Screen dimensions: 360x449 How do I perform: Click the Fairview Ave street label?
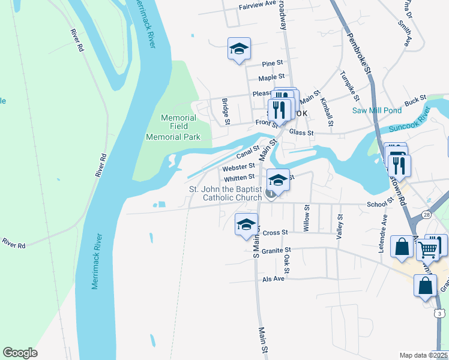point(257,3)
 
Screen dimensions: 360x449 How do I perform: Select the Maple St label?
point(271,77)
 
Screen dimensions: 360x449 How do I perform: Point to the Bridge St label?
point(226,112)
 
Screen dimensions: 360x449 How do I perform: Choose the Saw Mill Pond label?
point(377,110)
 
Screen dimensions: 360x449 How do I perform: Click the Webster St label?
point(240,167)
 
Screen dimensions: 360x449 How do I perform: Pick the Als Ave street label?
point(273,279)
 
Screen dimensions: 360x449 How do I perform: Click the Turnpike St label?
point(349,88)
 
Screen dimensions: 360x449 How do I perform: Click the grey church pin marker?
point(271,193)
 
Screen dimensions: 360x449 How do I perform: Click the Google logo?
point(20,353)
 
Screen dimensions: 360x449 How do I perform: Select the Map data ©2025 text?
point(423,355)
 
